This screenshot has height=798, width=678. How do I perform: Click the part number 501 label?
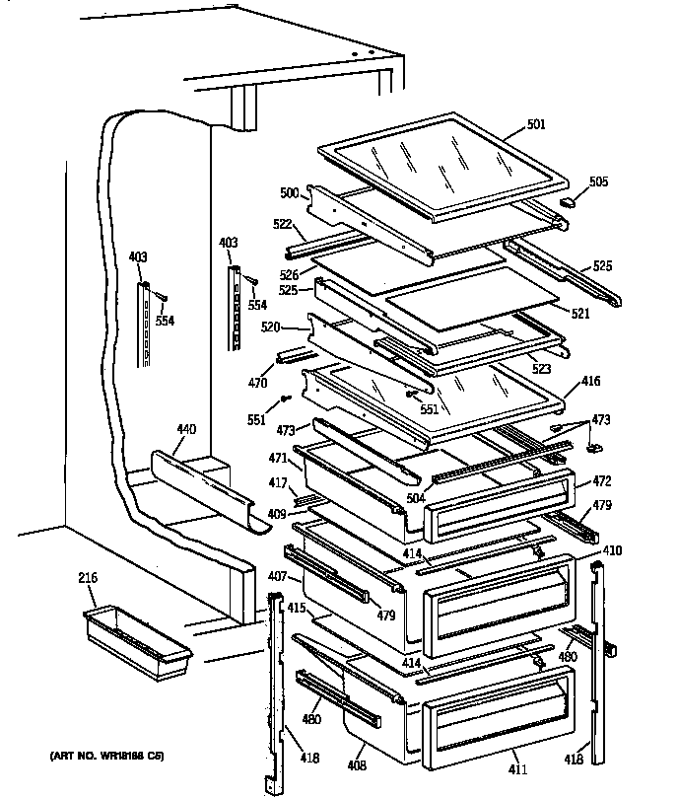535,124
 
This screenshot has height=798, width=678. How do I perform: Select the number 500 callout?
288,193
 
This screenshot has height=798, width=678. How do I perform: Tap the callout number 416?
590,380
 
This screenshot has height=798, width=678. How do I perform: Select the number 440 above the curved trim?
186,429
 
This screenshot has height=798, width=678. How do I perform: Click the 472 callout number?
603,483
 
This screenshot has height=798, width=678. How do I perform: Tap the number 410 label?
611,550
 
